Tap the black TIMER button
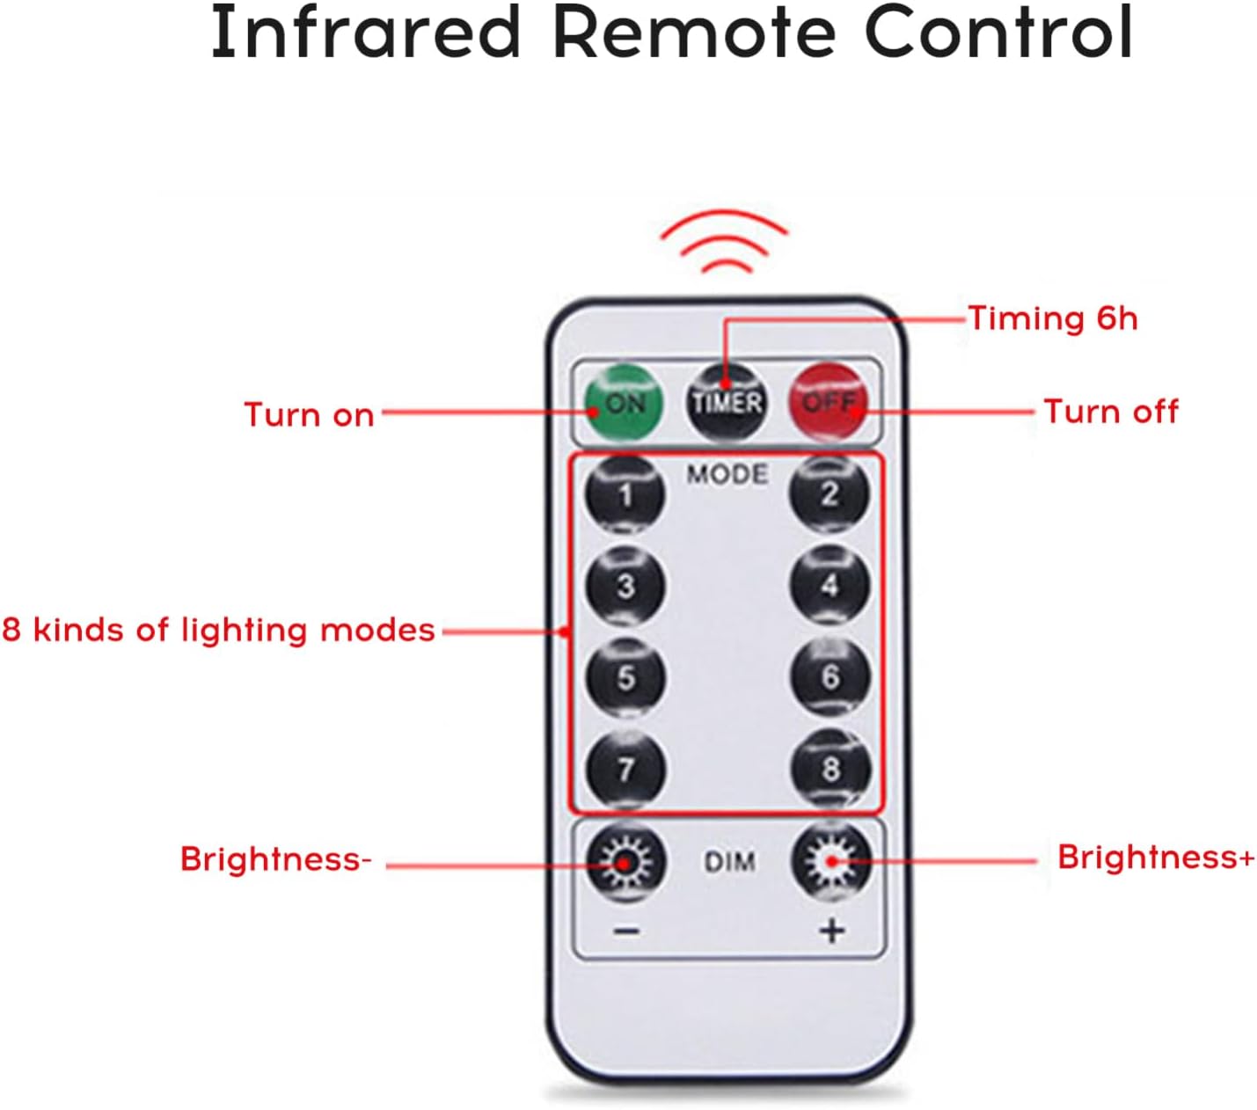727,404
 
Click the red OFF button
829,404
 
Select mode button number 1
625,494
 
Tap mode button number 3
625,586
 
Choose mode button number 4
829,585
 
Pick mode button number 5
625,677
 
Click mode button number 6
830,676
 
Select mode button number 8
830,768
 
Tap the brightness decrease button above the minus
625,862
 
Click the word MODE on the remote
727,475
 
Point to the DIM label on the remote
729,862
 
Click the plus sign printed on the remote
832,931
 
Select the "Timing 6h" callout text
1053,319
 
